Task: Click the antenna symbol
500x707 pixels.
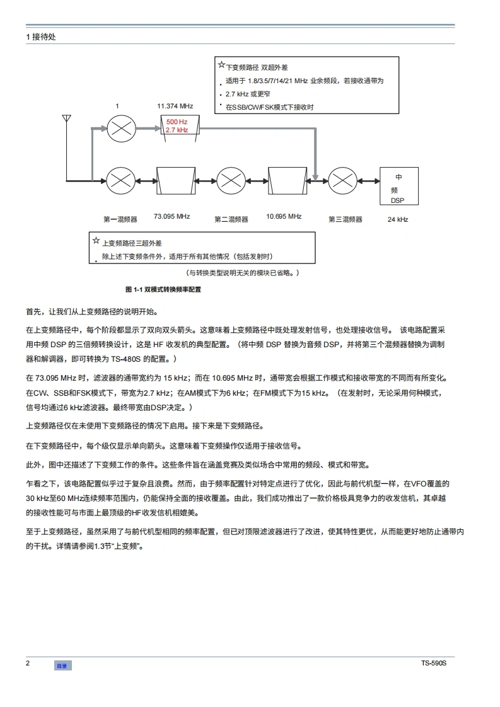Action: click(x=66, y=120)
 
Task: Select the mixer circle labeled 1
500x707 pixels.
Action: click(x=121, y=129)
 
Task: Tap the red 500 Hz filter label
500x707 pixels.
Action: click(x=177, y=121)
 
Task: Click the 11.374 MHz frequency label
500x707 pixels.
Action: click(x=175, y=106)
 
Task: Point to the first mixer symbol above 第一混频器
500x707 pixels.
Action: click(x=121, y=181)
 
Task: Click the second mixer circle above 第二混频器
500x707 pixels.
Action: click(x=231, y=181)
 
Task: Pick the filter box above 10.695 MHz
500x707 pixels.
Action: click(x=286, y=181)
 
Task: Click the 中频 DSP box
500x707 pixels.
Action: click(x=398, y=186)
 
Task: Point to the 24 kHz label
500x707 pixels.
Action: click(x=398, y=219)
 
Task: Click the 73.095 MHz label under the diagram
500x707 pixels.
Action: click(x=172, y=217)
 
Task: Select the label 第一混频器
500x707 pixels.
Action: click(x=120, y=219)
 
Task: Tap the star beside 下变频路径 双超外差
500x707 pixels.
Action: click(x=221, y=65)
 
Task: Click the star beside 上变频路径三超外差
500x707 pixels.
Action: click(x=96, y=240)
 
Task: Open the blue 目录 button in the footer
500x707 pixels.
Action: click(x=62, y=665)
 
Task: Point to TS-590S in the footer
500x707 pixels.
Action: click(x=434, y=664)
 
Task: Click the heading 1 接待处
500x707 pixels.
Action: click(x=42, y=37)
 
